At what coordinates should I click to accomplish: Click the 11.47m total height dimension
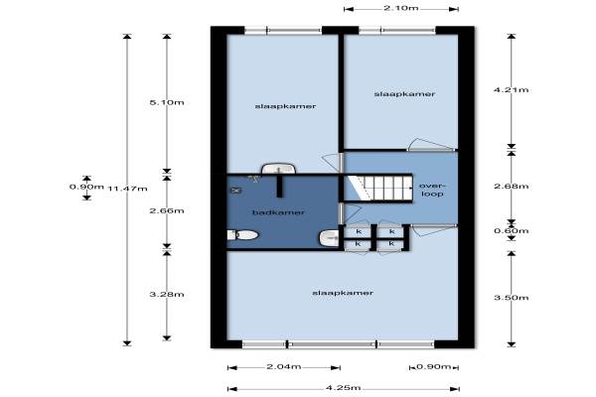point(128,189)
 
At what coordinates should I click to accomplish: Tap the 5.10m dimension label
point(167,102)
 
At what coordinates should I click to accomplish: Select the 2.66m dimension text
point(167,210)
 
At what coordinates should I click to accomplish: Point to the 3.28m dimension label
point(167,295)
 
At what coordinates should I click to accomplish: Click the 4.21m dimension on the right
point(512,90)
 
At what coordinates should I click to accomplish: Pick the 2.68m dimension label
point(512,187)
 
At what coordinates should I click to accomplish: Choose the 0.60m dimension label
point(512,231)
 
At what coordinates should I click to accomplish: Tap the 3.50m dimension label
point(512,298)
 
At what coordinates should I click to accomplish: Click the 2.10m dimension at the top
point(400,8)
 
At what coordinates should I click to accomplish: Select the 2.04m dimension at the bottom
point(283,366)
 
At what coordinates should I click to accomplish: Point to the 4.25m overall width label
point(344,388)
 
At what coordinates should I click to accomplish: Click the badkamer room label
point(278,212)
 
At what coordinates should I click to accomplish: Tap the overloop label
point(431,190)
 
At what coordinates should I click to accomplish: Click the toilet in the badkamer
point(243,235)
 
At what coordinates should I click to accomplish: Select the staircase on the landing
point(378,188)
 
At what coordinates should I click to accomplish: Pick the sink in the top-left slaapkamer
point(278,169)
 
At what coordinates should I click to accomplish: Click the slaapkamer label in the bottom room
point(343,293)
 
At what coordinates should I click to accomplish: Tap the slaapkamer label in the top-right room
point(404,94)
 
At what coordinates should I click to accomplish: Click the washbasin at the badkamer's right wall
point(329,238)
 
